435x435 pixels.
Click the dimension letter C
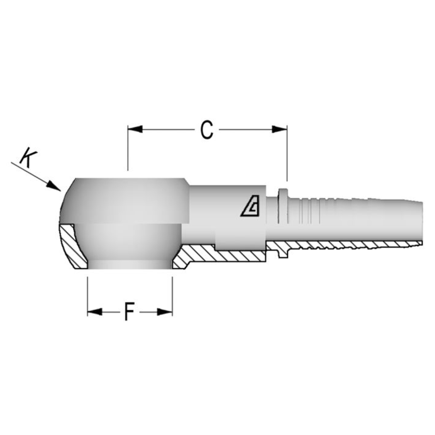(206, 130)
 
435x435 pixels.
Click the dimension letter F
(129, 312)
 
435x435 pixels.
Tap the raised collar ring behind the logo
(283, 205)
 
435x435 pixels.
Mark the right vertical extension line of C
(287, 157)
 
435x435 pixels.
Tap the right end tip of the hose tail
(421, 222)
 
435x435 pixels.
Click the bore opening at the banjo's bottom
(130, 265)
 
